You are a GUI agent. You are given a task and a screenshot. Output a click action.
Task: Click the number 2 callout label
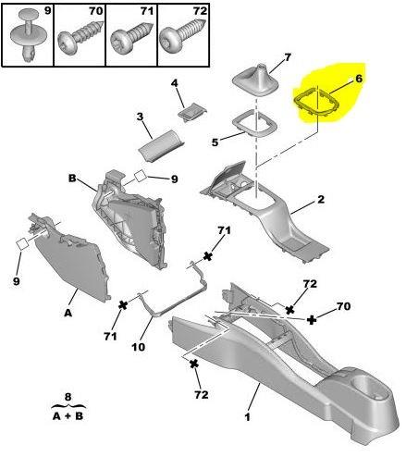[321, 198]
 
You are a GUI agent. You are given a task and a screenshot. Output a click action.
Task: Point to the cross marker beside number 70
[312, 319]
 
